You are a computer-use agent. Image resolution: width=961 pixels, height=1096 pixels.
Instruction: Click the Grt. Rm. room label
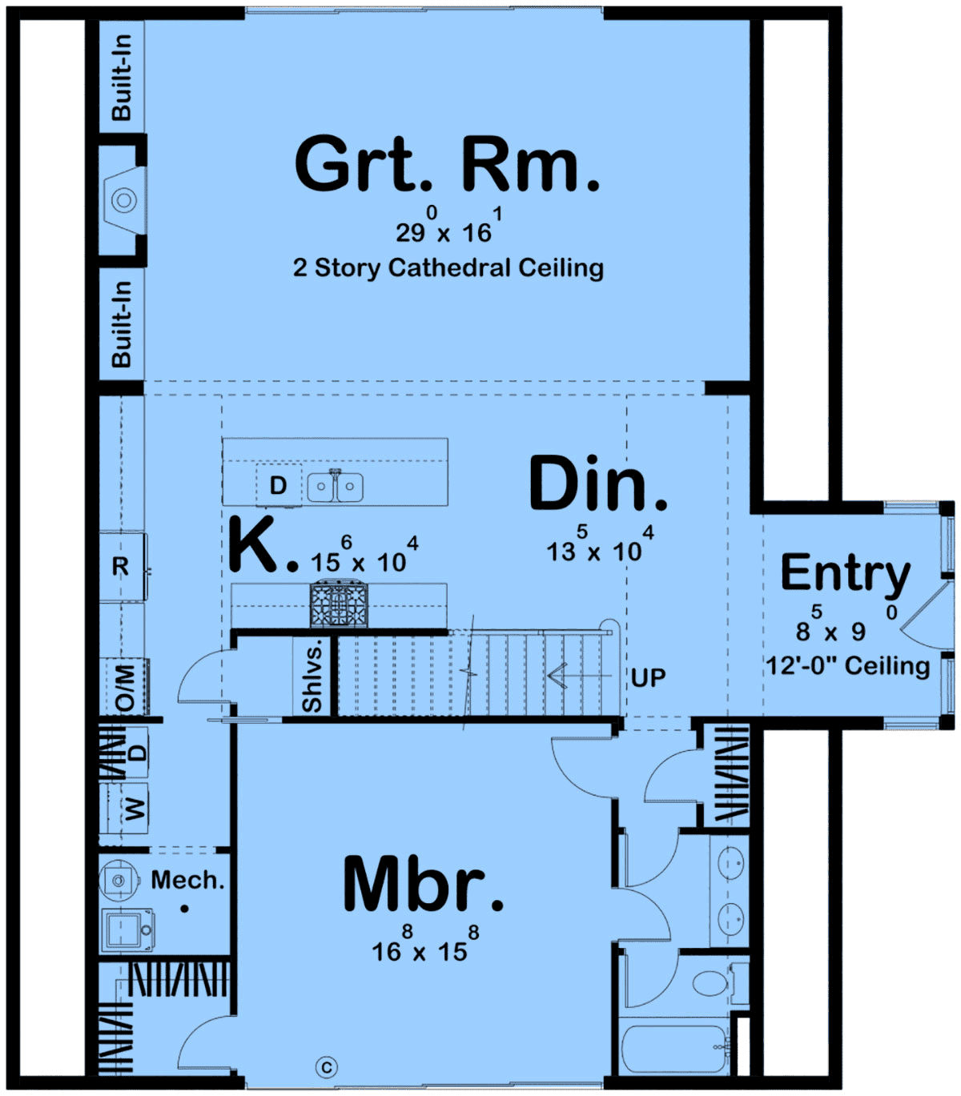tap(447, 163)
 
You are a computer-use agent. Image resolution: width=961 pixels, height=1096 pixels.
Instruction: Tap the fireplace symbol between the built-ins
tap(125, 200)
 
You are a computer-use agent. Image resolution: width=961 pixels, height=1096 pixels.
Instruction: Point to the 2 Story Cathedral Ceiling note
tap(448, 267)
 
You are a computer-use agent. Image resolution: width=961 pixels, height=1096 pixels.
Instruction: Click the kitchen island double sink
tap(336, 486)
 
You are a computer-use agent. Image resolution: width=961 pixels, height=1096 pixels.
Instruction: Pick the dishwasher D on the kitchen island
tap(278, 485)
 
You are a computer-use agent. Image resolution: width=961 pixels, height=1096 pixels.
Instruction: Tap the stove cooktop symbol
tap(339, 604)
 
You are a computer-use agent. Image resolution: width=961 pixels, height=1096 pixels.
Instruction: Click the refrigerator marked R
tap(121, 566)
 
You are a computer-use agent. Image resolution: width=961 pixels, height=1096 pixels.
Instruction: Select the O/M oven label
tap(125, 687)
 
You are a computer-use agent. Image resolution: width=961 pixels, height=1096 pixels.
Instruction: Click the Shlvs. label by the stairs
tap(312, 676)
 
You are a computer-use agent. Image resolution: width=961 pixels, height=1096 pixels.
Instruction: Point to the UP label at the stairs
tap(648, 677)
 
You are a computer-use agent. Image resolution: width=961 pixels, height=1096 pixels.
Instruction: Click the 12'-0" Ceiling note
tap(848, 666)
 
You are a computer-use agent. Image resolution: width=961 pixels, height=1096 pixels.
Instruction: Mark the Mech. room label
tap(187, 880)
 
